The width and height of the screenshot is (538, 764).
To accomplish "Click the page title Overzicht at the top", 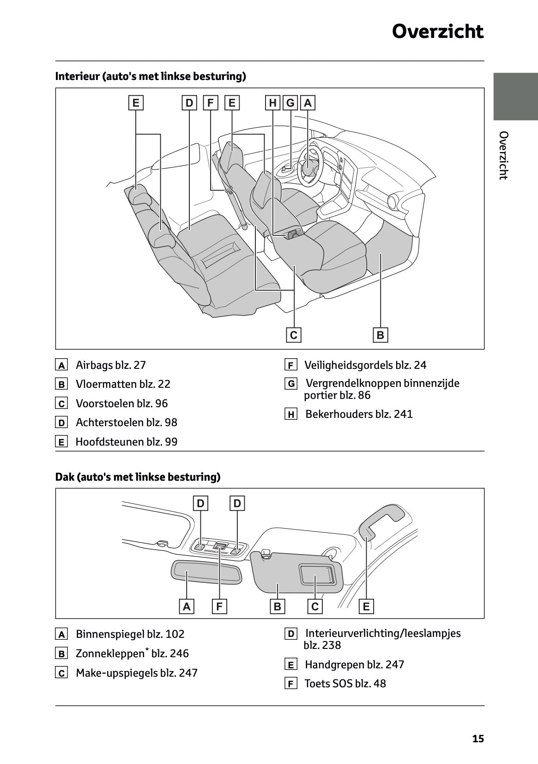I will pos(437,31).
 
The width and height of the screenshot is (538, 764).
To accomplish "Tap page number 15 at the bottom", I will pos(478,739).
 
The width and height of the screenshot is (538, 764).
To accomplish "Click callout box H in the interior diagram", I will pos(273,103).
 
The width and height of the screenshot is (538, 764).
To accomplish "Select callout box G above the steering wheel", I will pos(290,103).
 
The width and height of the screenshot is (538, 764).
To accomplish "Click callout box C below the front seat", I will pos(294,335).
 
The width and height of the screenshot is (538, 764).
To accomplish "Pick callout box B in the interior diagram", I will pos(381,335).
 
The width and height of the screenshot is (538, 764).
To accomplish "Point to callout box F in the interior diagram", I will pos(210,103).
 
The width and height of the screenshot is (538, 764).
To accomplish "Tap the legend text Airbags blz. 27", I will pos(110,365).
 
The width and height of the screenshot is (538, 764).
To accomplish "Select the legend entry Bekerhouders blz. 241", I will pos(359,414).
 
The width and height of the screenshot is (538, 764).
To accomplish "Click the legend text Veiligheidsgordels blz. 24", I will pos(365,365).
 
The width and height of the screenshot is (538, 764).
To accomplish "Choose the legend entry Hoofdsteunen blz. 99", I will pos(126,442).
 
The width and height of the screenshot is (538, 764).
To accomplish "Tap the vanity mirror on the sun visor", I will pos(316,575).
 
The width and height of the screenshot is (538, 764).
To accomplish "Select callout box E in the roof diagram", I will pos(366,606).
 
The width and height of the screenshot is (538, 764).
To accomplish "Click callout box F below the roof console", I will pos(219,606).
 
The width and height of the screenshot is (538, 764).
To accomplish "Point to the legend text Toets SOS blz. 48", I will pos(345,684).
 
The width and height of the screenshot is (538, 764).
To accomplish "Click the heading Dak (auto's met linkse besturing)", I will pos(138,477).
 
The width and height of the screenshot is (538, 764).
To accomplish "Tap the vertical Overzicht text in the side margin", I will pos(504,155).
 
